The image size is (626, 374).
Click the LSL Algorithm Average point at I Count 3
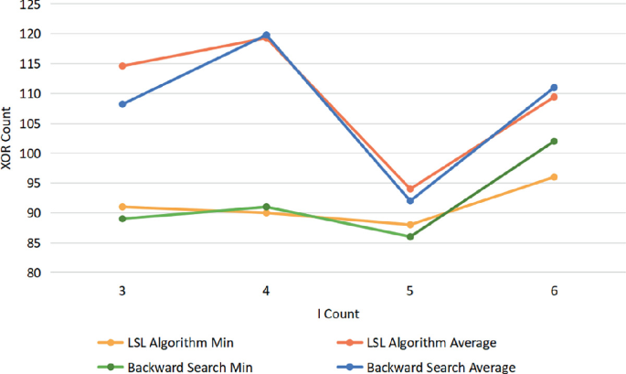(x=122, y=66)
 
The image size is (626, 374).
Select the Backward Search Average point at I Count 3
(x=122, y=104)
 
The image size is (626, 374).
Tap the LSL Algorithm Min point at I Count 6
(x=554, y=176)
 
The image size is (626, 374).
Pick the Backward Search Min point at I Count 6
(x=554, y=141)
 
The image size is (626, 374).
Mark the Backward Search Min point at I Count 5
(x=409, y=237)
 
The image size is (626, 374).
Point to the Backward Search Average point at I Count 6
(x=554, y=88)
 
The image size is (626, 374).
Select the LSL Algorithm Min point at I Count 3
(x=122, y=207)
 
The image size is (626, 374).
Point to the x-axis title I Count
(x=337, y=314)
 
